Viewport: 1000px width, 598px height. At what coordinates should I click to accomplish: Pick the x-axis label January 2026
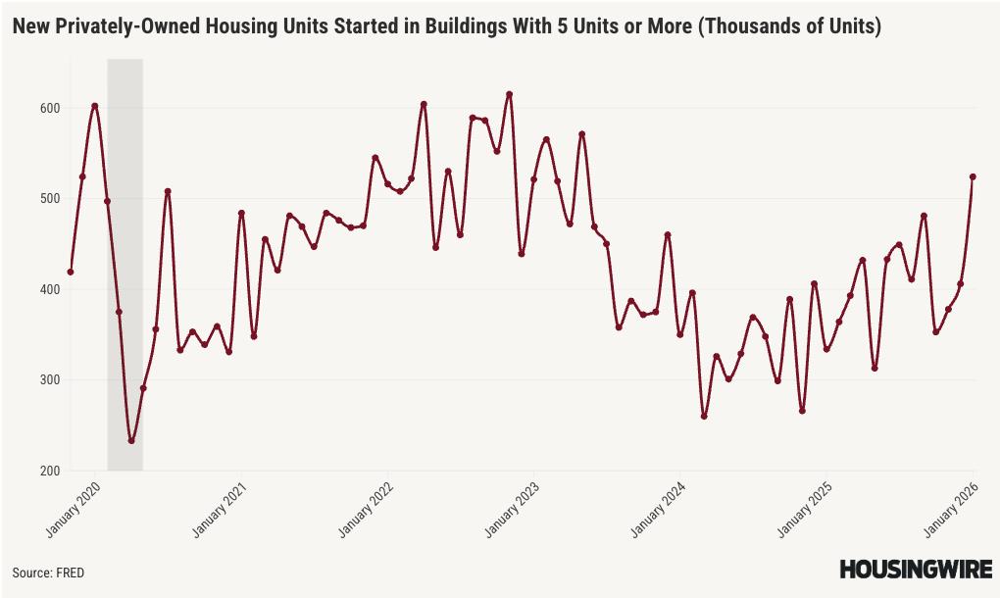coord(949,509)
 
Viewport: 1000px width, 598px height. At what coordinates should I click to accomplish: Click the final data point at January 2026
coord(973,176)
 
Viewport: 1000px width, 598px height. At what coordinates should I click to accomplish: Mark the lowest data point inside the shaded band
coord(131,441)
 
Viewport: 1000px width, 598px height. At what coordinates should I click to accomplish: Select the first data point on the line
coord(71,272)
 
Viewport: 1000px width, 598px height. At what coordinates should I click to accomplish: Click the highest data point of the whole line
coord(509,94)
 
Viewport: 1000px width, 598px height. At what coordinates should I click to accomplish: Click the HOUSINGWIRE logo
coord(915,570)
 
